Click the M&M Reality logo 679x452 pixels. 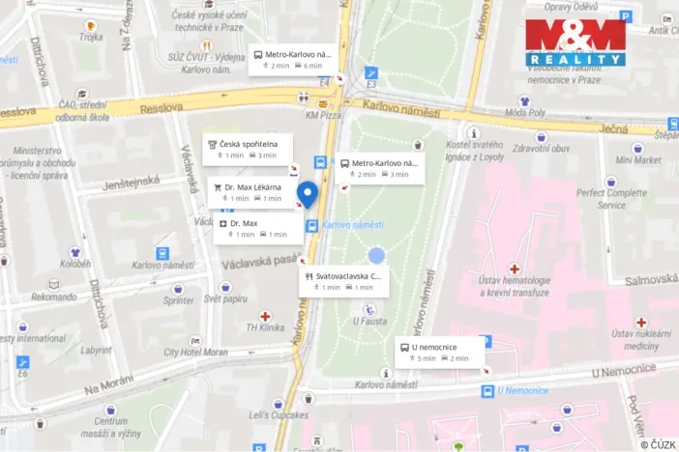coord(575,43)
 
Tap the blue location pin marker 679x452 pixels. coord(307,193)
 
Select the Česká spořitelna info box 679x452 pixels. coord(247,149)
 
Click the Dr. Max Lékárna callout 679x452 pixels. coord(250,191)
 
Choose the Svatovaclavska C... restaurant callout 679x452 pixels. coord(344,281)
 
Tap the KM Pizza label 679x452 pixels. coord(325,116)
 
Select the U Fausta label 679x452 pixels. coord(369,322)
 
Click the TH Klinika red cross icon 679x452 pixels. coord(265,316)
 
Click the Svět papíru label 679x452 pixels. coord(225,300)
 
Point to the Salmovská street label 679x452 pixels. coord(650,280)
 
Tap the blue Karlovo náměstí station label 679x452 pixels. coord(353,225)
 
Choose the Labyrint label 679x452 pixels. coord(97,351)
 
